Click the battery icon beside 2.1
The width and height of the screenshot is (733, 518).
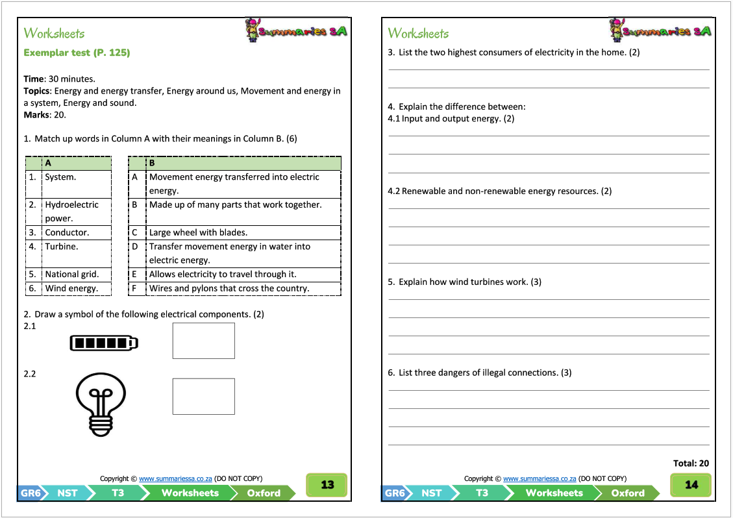pyautogui.click(x=104, y=343)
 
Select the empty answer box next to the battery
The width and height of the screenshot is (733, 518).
pyautogui.click(x=203, y=341)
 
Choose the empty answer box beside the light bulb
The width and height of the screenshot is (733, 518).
pyautogui.click(x=203, y=396)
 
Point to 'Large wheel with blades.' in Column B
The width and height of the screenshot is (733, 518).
pyautogui.click(x=198, y=232)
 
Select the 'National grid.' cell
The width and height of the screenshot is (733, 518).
pyautogui.click(x=71, y=275)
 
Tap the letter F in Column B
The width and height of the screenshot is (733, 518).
pyautogui.click(x=135, y=288)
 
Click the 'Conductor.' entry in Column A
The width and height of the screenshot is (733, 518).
pyautogui.click(x=67, y=232)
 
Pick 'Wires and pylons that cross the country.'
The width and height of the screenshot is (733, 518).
pyautogui.click(x=229, y=288)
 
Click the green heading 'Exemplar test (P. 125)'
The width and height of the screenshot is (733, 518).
pyautogui.click(x=77, y=53)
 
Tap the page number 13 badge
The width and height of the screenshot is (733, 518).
pyautogui.click(x=327, y=485)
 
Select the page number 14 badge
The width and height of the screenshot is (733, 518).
pyautogui.click(x=691, y=485)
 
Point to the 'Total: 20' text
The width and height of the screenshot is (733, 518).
pyautogui.click(x=691, y=463)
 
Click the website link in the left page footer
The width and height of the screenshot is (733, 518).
pyautogui.click(x=175, y=478)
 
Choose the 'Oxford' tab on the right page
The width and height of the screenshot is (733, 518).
pyautogui.click(x=627, y=493)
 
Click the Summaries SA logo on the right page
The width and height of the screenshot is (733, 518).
pyautogui.click(x=660, y=31)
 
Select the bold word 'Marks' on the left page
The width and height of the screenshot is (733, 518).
pyautogui.click(x=36, y=115)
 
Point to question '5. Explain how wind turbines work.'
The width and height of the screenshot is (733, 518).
pyautogui.click(x=464, y=282)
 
